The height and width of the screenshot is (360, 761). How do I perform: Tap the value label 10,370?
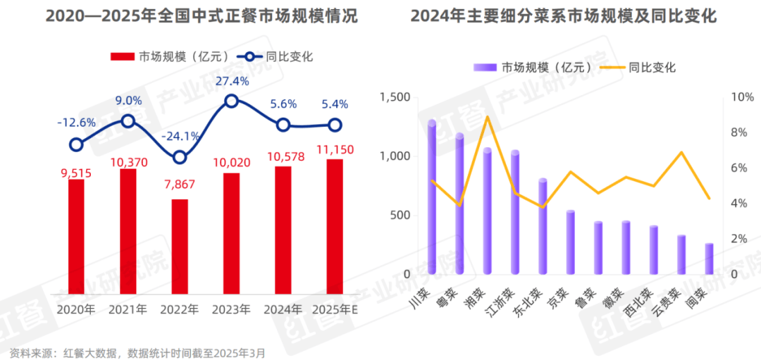[128, 161]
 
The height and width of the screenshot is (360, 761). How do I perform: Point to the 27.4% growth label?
[232, 81]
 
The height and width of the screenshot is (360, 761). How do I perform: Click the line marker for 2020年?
[76, 145]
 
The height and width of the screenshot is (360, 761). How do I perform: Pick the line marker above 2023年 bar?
[232, 101]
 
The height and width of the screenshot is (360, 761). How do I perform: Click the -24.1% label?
[180, 136]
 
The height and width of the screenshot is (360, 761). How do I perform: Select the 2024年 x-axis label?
[283, 309]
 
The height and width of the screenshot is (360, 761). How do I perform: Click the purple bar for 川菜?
[432, 198]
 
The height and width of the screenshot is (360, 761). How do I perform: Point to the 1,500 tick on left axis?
[395, 97]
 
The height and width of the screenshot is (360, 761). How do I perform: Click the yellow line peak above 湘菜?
[487, 116]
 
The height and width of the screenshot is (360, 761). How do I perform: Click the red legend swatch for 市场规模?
[123, 57]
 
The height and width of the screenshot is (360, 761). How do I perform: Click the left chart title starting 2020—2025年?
[202, 16]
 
